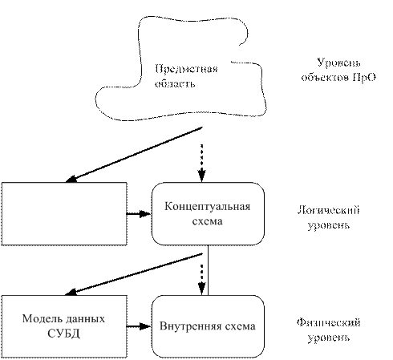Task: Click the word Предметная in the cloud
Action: [x=186, y=69]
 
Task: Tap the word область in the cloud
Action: [x=175, y=83]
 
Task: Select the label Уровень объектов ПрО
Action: [x=338, y=70]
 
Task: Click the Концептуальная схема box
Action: [x=208, y=214]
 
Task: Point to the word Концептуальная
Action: [x=208, y=207]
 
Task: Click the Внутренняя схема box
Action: [x=208, y=326]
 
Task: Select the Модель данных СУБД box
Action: [x=64, y=326]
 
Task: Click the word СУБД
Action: [x=63, y=334]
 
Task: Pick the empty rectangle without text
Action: [x=64, y=214]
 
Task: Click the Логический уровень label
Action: [x=329, y=218]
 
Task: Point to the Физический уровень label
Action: [x=329, y=330]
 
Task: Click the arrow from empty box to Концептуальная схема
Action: [x=139, y=214]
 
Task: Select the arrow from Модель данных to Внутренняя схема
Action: [x=139, y=326]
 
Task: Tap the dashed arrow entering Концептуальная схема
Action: [x=201, y=164]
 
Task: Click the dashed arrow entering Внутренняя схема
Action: [x=201, y=280]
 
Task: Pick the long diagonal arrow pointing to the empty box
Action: [x=134, y=155]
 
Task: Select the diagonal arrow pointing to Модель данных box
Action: [x=134, y=274]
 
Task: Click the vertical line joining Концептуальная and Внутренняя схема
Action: [x=208, y=270]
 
